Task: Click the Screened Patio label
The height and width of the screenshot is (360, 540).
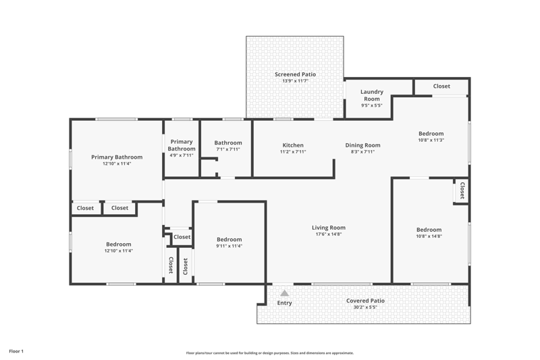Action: pos(295,74)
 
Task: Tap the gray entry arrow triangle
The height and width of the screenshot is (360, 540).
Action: pos(284,293)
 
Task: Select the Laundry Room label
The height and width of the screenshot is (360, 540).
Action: pos(372,95)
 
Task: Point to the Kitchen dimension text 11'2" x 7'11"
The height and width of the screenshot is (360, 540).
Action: pos(293,151)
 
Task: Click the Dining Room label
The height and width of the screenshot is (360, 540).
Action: pos(362,145)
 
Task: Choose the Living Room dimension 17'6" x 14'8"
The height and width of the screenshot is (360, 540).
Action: pos(329,234)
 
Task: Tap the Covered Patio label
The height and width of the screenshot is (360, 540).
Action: pos(365,301)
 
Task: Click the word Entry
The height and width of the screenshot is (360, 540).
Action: pos(284,303)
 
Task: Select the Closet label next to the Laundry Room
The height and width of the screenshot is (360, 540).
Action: pos(441,86)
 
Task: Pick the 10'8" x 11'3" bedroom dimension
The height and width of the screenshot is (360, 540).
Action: pos(431,140)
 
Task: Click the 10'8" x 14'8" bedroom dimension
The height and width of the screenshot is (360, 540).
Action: pos(429,236)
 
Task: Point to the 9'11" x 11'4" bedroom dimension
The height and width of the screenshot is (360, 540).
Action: pos(230,246)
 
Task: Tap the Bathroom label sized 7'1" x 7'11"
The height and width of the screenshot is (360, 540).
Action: pos(228,143)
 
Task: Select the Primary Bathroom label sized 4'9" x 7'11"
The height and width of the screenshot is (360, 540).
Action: pos(182,145)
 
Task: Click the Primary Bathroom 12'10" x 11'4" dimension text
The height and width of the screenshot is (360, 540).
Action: pos(117,163)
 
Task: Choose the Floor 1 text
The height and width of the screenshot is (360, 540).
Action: pos(16,351)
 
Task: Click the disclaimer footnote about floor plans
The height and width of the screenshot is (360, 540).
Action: pos(270,353)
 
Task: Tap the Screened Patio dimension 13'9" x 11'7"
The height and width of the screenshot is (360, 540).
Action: pos(295,81)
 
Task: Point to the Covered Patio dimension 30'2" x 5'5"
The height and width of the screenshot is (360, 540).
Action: pos(365,307)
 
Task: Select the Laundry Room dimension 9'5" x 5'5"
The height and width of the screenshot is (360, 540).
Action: pos(372,105)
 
